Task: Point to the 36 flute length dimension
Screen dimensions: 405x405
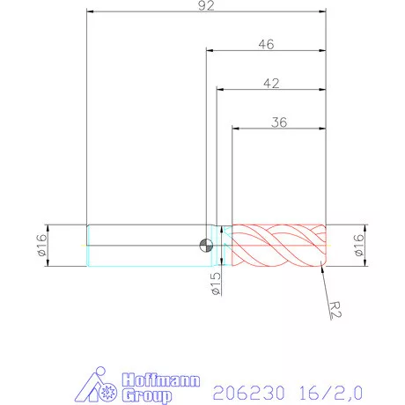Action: click(x=279, y=122)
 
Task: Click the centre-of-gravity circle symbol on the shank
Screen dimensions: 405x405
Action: click(x=206, y=246)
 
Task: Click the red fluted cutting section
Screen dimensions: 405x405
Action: click(x=277, y=245)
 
